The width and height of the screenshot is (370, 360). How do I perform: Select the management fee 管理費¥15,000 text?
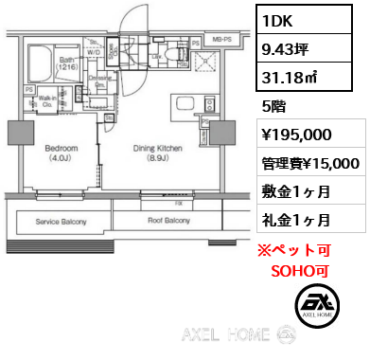(308, 164)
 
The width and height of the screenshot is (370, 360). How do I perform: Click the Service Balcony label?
(61, 221)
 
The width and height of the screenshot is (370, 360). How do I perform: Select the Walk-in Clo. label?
(45, 100)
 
